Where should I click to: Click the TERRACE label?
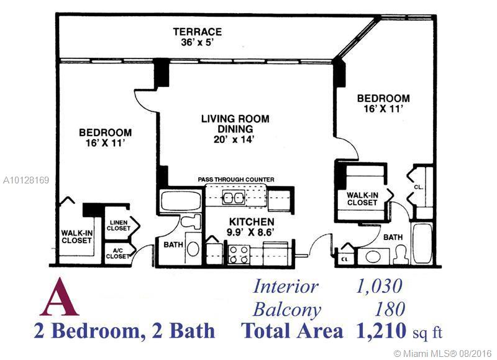coord(197,32)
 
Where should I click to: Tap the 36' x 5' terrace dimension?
coord(197,42)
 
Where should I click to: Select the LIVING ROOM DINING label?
coord(235,124)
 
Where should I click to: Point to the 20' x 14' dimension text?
coord(234,139)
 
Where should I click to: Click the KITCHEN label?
coord(252,222)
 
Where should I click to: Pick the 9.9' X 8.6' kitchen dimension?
coord(250,232)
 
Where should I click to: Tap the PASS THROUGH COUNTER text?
coord(236,180)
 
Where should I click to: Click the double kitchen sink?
coord(234,198)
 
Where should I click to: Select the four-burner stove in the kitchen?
coord(239,255)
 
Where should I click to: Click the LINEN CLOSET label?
coord(119,226)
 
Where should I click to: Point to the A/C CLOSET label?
coord(117,254)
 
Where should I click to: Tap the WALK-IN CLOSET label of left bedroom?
coord(77,237)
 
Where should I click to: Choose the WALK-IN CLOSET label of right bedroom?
coord(362,199)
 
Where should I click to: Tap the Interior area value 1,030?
coord(379,287)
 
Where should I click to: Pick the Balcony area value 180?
coord(390,309)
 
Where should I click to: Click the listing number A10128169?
coord(26,180)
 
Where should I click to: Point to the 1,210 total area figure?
coord(381,331)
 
